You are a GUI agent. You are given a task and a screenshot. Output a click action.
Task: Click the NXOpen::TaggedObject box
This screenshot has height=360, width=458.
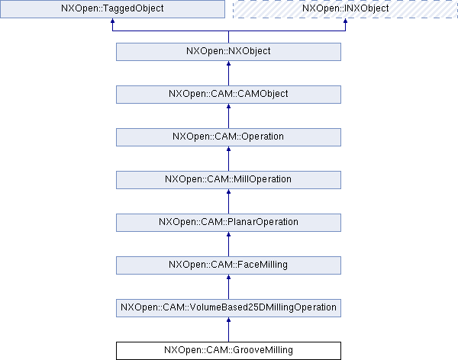click(112, 9)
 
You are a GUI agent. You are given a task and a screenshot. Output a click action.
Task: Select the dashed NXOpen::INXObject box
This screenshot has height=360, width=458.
click(345, 9)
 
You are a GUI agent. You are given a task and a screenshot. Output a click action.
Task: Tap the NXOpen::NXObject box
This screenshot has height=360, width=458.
click(228, 51)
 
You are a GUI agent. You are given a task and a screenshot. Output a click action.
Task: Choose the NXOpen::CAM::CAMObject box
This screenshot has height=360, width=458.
click(228, 94)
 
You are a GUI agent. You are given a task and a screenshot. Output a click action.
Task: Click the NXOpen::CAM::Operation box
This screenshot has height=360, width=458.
click(228, 137)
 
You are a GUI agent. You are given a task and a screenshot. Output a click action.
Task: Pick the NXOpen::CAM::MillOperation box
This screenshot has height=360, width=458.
click(228, 179)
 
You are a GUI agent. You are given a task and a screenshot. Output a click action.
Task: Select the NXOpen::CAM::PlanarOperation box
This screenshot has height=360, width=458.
click(228, 222)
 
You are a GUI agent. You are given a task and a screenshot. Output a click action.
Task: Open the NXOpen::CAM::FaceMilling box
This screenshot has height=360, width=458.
click(228, 265)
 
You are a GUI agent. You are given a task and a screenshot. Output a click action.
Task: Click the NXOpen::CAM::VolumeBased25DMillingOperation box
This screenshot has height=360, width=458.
click(228, 307)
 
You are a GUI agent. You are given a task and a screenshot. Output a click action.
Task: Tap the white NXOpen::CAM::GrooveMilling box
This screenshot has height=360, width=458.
click(228, 350)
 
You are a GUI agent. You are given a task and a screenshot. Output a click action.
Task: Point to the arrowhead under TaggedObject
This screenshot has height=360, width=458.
click(112, 23)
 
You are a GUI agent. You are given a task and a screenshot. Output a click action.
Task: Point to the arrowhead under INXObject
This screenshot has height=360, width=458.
click(345, 23)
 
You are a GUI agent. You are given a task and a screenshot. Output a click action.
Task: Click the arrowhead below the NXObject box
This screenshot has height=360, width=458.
click(228, 66)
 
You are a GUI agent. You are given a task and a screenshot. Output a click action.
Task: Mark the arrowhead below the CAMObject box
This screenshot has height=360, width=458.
click(228, 108)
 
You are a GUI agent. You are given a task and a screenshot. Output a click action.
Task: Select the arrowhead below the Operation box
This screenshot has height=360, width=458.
click(228, 151)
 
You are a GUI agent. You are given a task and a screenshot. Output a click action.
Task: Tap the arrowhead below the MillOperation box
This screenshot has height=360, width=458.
click(228, 194)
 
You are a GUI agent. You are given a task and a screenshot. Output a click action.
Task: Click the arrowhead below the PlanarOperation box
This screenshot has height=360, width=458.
click(228, 236)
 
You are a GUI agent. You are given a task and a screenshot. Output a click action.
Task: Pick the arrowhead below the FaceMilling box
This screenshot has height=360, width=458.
click(228, 279)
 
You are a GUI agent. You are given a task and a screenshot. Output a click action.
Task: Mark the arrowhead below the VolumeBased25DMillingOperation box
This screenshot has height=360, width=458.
click(228, 322)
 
